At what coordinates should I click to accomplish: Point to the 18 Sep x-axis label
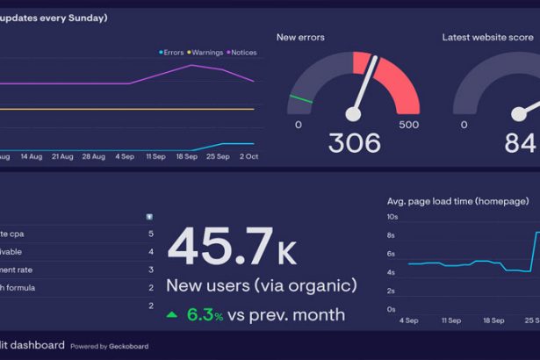point(186,156)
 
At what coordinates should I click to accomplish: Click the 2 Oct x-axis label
point(249,156)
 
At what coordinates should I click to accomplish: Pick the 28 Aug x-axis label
point(93,156)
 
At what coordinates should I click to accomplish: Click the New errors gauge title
point(300,37)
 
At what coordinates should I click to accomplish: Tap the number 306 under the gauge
point(354,142)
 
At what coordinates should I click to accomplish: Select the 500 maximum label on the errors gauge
point(408,125)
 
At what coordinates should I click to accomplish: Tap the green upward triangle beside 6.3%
point(172,313)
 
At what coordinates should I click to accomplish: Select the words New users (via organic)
point(261,285)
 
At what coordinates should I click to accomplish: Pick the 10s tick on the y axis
point(392,217)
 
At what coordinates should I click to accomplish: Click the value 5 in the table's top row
point(151,234)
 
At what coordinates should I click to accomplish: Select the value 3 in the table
point(151,270)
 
